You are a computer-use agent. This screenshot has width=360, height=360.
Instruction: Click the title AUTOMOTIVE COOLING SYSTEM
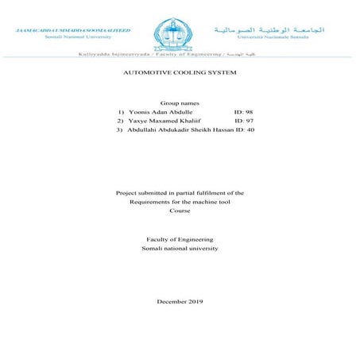click(180, 72)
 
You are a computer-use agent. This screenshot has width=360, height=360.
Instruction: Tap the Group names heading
click(180, 104)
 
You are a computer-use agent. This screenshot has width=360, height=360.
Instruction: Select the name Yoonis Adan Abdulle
click(159, 113)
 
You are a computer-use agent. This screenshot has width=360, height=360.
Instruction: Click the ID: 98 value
click(243, 113)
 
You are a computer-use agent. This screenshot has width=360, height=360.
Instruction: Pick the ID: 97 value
click(243, 121)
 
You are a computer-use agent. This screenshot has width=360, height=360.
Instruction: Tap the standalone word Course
click(180, 211)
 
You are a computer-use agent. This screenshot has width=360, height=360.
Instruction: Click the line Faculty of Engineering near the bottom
click(180, 240)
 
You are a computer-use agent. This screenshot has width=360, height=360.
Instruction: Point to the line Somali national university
click(180, 249)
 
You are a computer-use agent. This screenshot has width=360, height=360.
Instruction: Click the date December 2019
click(180, 302)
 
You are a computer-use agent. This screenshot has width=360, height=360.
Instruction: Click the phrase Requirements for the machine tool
click(180, 202)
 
